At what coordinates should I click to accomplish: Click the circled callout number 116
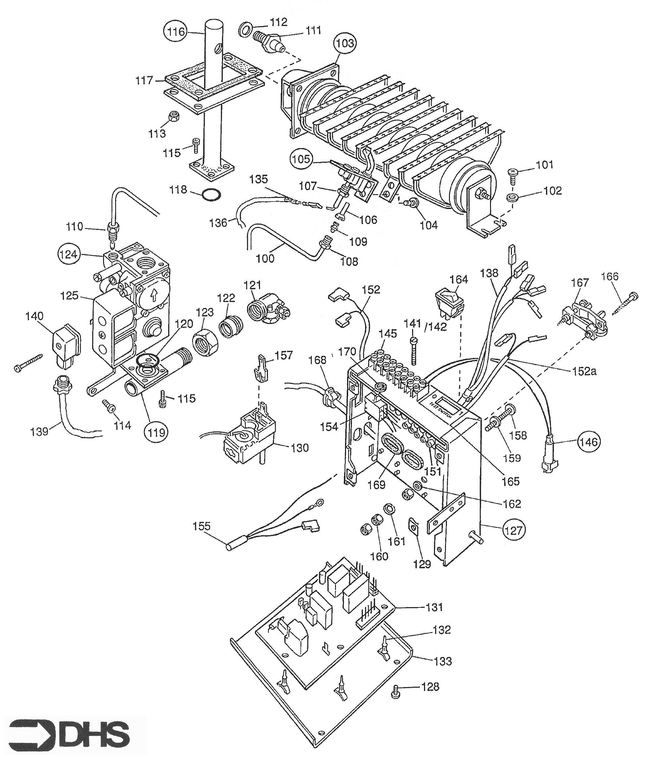coord(177,32)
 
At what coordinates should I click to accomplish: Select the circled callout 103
coord(345,43)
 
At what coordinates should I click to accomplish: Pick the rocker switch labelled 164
coord(449,303)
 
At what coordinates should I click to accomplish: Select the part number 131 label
coord(435,607)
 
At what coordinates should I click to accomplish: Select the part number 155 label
coord(202,526)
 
